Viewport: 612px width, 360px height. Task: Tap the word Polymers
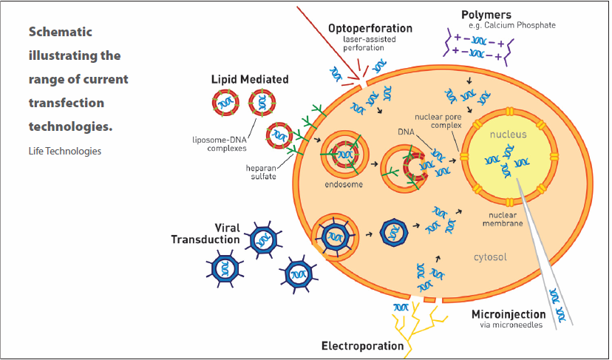point(486,14)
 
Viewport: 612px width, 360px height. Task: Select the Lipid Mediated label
point(249,79)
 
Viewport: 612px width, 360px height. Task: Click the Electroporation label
point(362,345)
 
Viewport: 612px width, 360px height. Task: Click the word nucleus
point(507,135)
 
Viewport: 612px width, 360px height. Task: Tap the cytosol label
point(489,257)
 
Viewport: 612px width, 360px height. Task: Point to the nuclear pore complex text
point(438,120)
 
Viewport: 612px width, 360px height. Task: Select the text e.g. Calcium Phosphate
point(507,25)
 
